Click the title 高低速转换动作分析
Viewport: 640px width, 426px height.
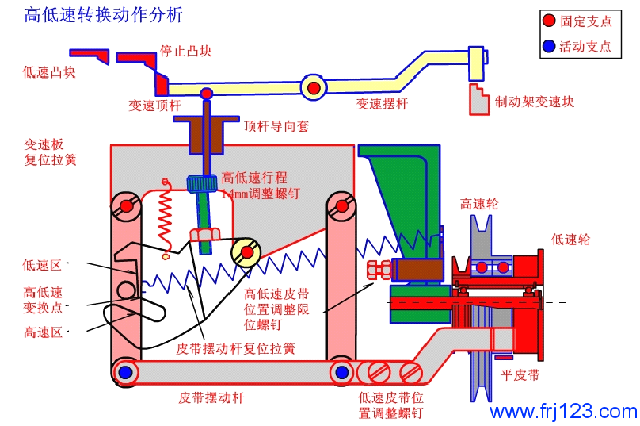point(103,15)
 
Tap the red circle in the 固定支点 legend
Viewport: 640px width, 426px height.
point(549,21)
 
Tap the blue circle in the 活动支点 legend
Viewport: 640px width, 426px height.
point(549,46)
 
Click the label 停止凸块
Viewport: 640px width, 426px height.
point(186,51)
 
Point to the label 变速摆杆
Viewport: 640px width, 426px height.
point(382,103)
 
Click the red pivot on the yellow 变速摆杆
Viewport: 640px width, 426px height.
point(314,86)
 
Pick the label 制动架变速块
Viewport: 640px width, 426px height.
point(535,102)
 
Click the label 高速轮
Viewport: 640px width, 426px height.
point(479,204)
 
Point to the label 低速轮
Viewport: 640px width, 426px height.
point(570,239)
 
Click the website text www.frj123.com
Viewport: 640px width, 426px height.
point(563,412)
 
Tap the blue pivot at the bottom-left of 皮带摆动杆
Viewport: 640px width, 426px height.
point(125,371)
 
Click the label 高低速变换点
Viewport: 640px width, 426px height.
point(43,299)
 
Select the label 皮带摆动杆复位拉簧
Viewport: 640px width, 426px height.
point(235,348)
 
